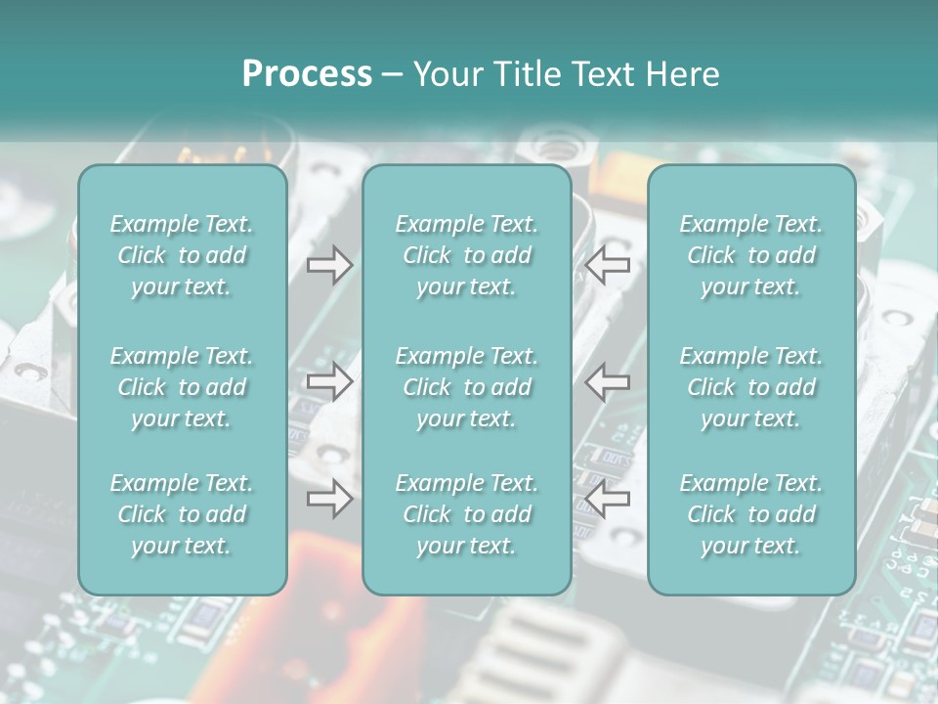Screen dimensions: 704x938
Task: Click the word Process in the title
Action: point(307,74)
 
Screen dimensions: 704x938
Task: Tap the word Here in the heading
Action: point(682,74)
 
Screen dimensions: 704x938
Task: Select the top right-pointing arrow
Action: point(329,264)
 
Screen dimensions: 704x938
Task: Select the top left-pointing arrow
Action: point(608,264)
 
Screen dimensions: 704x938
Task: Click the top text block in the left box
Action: point(182,255)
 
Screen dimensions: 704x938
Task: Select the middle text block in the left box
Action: point(182,387)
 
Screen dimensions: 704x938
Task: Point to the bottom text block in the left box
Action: point(182,514)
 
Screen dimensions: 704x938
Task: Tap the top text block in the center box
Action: point(466,255)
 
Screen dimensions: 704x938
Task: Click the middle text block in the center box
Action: point(466,387)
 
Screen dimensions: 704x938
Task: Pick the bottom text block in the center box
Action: point(466,514)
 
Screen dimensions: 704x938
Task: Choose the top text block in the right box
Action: point(750,255)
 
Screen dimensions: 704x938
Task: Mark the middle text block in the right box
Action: point(750,387)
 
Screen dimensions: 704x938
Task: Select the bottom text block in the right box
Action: point(750,514)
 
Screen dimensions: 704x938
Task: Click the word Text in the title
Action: point(601,74)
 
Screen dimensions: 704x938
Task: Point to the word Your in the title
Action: point(447,74)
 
